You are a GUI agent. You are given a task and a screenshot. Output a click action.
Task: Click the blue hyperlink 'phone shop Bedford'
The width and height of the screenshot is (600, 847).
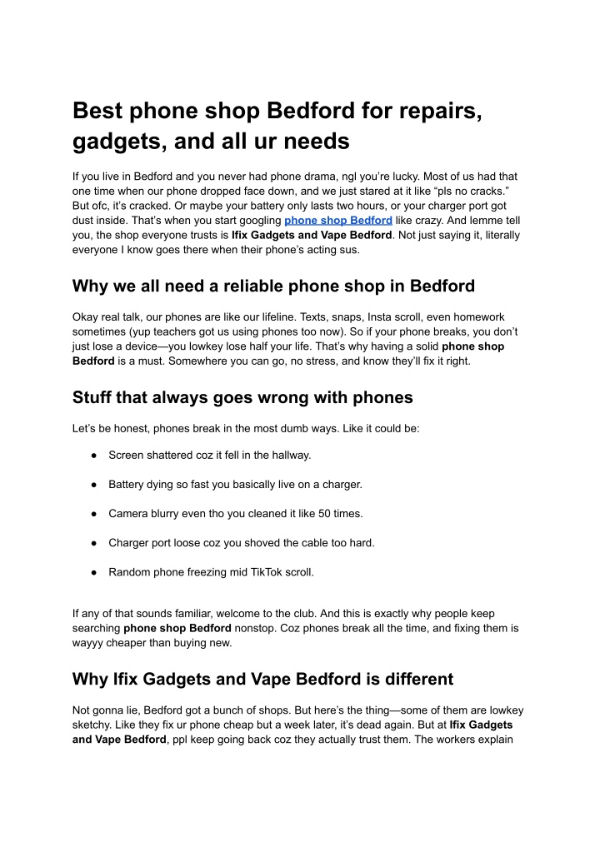338,220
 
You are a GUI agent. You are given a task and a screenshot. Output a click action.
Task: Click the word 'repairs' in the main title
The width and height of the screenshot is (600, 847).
437,110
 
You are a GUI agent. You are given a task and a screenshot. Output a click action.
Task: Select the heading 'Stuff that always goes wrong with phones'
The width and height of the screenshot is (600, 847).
242,397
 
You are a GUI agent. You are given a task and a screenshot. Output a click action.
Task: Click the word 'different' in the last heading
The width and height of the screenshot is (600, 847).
408,679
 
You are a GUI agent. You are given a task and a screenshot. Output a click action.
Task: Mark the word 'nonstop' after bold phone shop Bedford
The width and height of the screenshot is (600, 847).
258,628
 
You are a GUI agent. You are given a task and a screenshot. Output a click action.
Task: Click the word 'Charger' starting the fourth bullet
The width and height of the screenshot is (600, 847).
130,543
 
